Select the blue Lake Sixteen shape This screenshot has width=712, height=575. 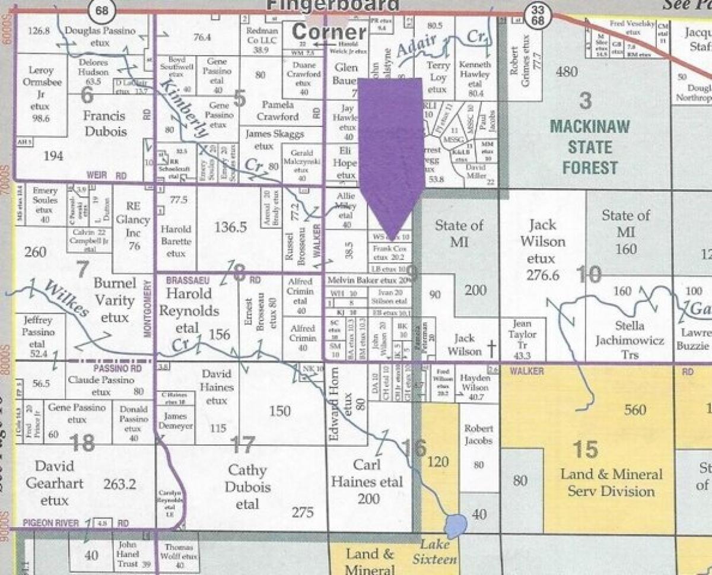(x=455, y=525)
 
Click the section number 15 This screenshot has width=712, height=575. (x=584, y=449)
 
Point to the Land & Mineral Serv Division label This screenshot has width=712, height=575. (x=611, y=483)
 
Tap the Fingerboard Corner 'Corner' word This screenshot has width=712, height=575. (x=330, y=31)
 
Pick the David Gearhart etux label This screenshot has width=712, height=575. (x=55, y=483)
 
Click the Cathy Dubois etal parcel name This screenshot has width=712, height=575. (x=248, y=487)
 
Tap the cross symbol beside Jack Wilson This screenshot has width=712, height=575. (x=491, y=351)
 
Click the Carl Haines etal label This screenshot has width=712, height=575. (x=367, y=481)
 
